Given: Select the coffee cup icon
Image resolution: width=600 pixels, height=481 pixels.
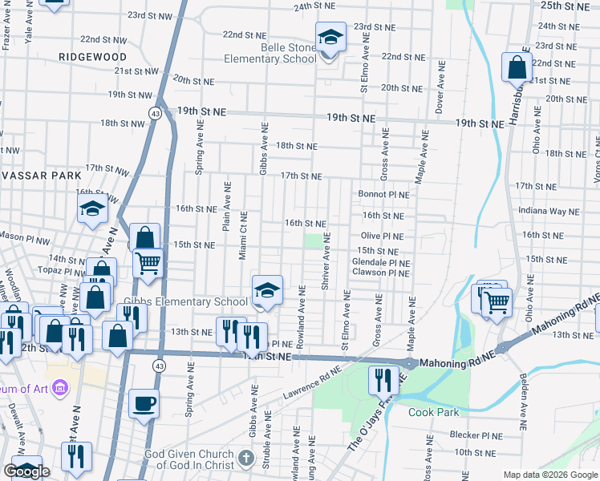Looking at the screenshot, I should tap(144, 403).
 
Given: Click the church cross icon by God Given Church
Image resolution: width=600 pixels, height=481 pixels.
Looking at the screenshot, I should tap(246, 459).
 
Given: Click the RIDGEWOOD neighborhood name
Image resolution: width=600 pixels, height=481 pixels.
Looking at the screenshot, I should tap(92, 58).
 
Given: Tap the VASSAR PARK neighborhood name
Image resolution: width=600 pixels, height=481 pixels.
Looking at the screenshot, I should tap(40, 175).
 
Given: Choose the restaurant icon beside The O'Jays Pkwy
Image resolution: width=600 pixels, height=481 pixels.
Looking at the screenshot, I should tap(383, 379).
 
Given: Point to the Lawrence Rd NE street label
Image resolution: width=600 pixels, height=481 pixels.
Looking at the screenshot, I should tap(311, 383).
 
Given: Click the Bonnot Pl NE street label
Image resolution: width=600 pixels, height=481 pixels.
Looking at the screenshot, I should tap(383, 195).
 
